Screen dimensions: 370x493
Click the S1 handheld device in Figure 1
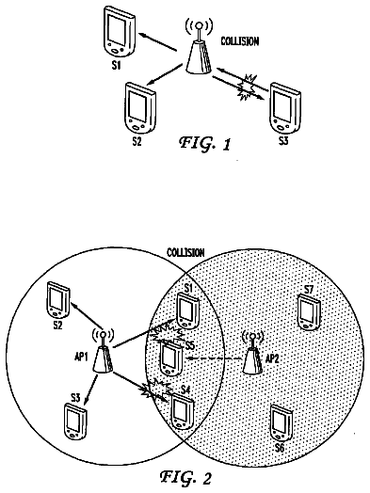pos(120,33)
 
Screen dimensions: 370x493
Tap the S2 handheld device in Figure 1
pos(140,108)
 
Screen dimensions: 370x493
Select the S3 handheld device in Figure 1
pos(284,109)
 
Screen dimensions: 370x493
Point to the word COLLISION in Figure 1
pos(240,41)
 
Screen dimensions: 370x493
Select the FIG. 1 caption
pos(205,143)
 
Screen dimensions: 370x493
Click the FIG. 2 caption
pos(185,477)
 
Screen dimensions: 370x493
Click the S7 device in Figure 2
pos(310,312)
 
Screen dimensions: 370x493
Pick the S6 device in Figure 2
pos(282,422)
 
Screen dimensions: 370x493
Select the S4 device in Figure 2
pos(182,411)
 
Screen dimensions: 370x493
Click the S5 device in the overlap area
pos(170,358)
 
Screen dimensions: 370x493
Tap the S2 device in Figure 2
pos(57,300)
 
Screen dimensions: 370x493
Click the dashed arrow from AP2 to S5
pos(215,358)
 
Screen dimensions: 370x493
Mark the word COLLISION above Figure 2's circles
pos(185,252)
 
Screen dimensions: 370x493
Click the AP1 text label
pos(81,358)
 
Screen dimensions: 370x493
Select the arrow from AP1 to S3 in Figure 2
pos(91,388)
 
